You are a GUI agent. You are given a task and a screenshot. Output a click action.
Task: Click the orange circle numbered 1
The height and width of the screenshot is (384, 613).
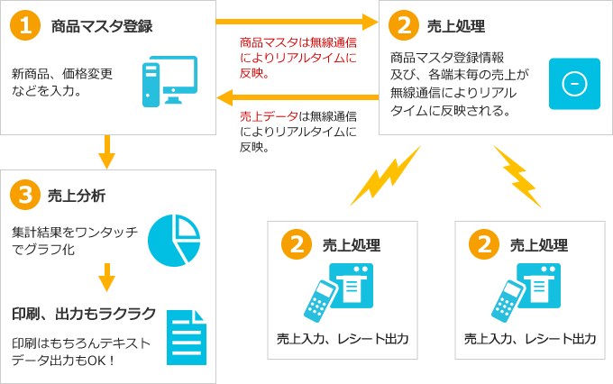coord(25,25)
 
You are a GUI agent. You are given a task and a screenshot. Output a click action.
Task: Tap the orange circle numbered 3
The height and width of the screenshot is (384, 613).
coord(25,195)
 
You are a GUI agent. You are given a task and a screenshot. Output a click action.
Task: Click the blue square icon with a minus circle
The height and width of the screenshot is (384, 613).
coord(574,83)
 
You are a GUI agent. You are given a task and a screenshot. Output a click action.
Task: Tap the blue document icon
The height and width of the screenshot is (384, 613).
coord(185,337)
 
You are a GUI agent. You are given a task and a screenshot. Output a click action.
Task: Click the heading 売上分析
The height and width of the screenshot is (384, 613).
coord(76,196)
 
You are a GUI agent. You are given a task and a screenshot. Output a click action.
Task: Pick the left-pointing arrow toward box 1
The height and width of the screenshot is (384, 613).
coord(297,96)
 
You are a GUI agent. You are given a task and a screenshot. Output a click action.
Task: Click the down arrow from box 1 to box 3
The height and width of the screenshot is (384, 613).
coord(107,151)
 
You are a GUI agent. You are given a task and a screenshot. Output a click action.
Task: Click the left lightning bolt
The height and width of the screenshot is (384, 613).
coord(385,176)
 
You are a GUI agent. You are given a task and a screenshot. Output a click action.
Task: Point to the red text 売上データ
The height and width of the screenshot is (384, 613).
coord(270,116)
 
